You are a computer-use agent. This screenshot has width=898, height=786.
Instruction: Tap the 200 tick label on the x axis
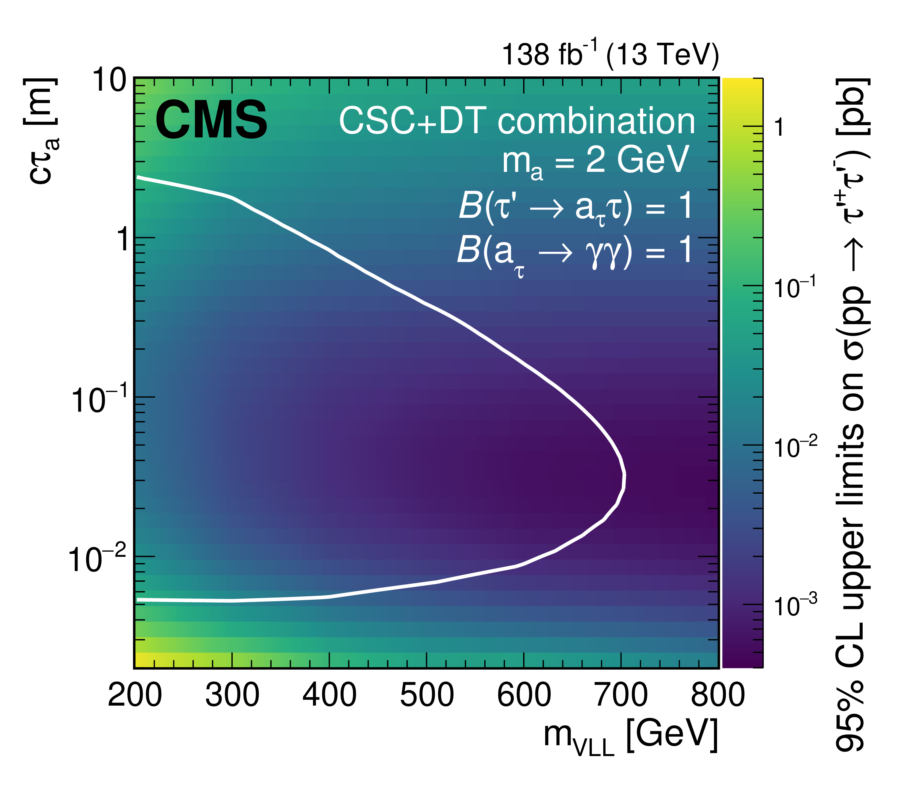pyautogui.click(x=135, y=695)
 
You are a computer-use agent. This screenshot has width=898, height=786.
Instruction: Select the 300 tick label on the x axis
pyautogui.click(x=232, y=695)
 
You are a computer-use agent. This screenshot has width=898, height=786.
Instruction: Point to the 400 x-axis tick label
pyautogui.click(x=329, y=695)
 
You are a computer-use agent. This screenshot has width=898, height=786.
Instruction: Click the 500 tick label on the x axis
pyautogui.click(x=427, y=695)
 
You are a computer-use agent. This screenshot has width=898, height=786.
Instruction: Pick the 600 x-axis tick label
pyautogui.click(x=524, y=695)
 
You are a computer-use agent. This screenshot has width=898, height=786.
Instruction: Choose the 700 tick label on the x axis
pyautogui.click(x=621, y=695)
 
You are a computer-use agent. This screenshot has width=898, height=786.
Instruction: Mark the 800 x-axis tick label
pyautogui.click(x=718, y=695)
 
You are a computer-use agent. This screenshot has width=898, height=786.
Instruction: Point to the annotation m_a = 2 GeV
pyautogui.click(x=595, y=161)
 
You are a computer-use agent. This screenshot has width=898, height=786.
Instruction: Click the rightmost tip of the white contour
pyautogui.click(x=624, y=480)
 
